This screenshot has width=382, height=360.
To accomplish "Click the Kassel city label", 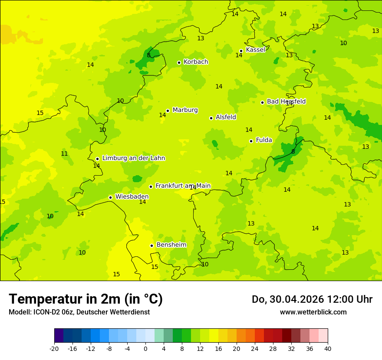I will pyautogui.click(x=255, y=50).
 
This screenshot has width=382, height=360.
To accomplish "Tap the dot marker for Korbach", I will pyautogui.click(x=179, y=62).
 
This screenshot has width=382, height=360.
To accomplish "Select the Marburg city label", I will pyautogui.click(x=185, y=110).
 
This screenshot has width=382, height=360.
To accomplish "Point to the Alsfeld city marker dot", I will pyautogui.click(x=211, y=118).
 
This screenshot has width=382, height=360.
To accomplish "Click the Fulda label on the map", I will pyautogui.click(x=264, y=140).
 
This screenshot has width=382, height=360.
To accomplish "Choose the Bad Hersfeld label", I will pyautogui.click(x=286, y=101).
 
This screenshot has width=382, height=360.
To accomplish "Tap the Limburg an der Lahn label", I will pyautogui.click(x=133, y=158).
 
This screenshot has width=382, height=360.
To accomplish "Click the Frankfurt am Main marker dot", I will pyautogui.click(x=151, y=187).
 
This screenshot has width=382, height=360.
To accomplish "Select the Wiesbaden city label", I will pyautogui.click(x=132, y=197).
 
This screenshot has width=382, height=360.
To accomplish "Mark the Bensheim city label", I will pyautogui.click(x=171, y=245).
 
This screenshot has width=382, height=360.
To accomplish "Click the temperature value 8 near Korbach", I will pyautogui.click(x=148, y=55).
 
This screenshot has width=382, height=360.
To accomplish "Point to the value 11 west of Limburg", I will pyautogui.click(x=64, y=154).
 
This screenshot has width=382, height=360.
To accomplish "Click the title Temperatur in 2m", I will pyautogui.click(x=86, y=299).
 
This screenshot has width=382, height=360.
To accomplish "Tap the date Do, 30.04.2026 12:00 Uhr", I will pyautogui.click(x=312, y=299).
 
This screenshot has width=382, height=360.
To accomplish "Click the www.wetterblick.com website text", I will pyautogui.click(x=313, y=312).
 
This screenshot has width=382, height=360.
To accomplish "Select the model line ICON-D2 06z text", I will pyautogui.click(x=79, y=312).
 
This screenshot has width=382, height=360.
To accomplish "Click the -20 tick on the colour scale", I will pyautogui.click(x=54, y=349).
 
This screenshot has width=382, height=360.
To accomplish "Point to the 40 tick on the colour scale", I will pyautogui.click(x=327, y=349).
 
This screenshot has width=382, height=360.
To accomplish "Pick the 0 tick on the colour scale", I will pyautogui.click(x=145, y=349).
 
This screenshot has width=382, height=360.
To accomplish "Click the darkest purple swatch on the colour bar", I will pyautogui.click(x=59, y=336).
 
